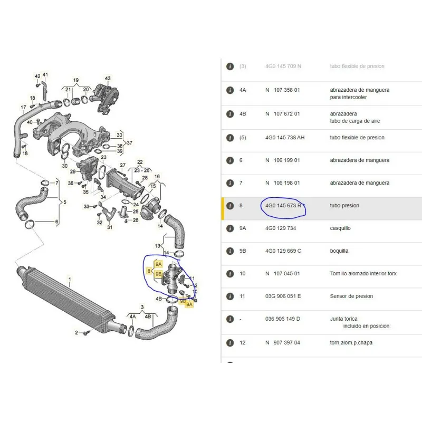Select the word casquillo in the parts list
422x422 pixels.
[340, 228]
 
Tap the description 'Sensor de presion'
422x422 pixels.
[351, 296]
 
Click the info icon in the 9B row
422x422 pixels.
[230, 251]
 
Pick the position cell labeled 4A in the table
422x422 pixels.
[243, 90]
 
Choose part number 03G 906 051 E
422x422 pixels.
[283, 296]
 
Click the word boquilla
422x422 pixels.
[339, 251]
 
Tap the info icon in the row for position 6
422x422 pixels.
[230, 160]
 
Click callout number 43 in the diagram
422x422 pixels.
[108, 79]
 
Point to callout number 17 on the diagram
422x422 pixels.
[23, 108]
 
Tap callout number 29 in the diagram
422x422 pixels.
[73, 172]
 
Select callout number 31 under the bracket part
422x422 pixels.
[110, 227]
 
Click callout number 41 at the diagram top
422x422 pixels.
[45, 75]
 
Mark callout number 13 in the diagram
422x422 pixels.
[158, 246]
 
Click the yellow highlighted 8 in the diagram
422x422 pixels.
[149, 272]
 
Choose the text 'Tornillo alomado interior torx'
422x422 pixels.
[363, 274]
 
